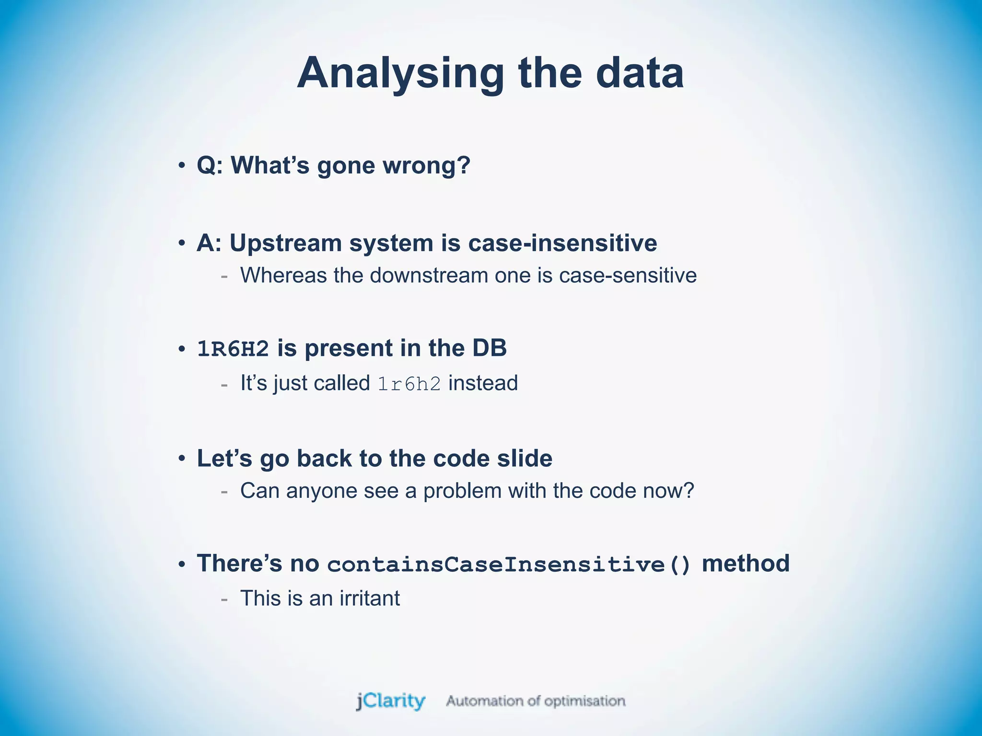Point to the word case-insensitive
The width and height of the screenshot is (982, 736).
562,242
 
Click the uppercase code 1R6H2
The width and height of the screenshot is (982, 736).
233,349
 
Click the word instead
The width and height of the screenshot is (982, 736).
483,383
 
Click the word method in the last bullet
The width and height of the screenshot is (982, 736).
745,563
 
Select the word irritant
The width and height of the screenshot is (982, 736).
369,598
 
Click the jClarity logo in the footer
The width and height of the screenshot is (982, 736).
390,701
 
